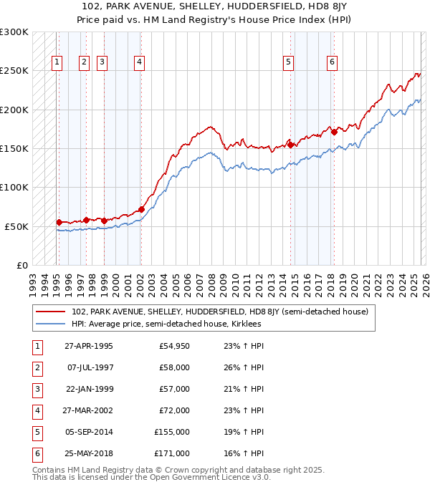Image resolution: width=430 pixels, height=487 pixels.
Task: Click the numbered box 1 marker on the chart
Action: [x=57, y=62]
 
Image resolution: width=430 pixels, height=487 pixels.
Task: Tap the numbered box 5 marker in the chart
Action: [x=288, y=62]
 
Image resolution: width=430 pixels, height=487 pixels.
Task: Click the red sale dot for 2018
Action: [x=334, y=132]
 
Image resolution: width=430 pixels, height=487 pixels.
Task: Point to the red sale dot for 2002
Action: [x=141, y=209]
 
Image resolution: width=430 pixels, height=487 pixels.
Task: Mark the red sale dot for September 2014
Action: [x=291, y=145]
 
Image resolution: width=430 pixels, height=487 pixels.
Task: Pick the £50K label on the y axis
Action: [x=17, y=226]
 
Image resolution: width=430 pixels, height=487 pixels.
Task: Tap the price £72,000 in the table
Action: [x=174, y=410]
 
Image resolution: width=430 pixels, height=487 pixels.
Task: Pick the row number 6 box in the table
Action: [x=37, y=453]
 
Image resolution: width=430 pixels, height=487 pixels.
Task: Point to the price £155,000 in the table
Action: [x=172, y=432]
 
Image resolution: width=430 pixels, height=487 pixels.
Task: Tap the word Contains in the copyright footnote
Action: [x=50, y=471]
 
